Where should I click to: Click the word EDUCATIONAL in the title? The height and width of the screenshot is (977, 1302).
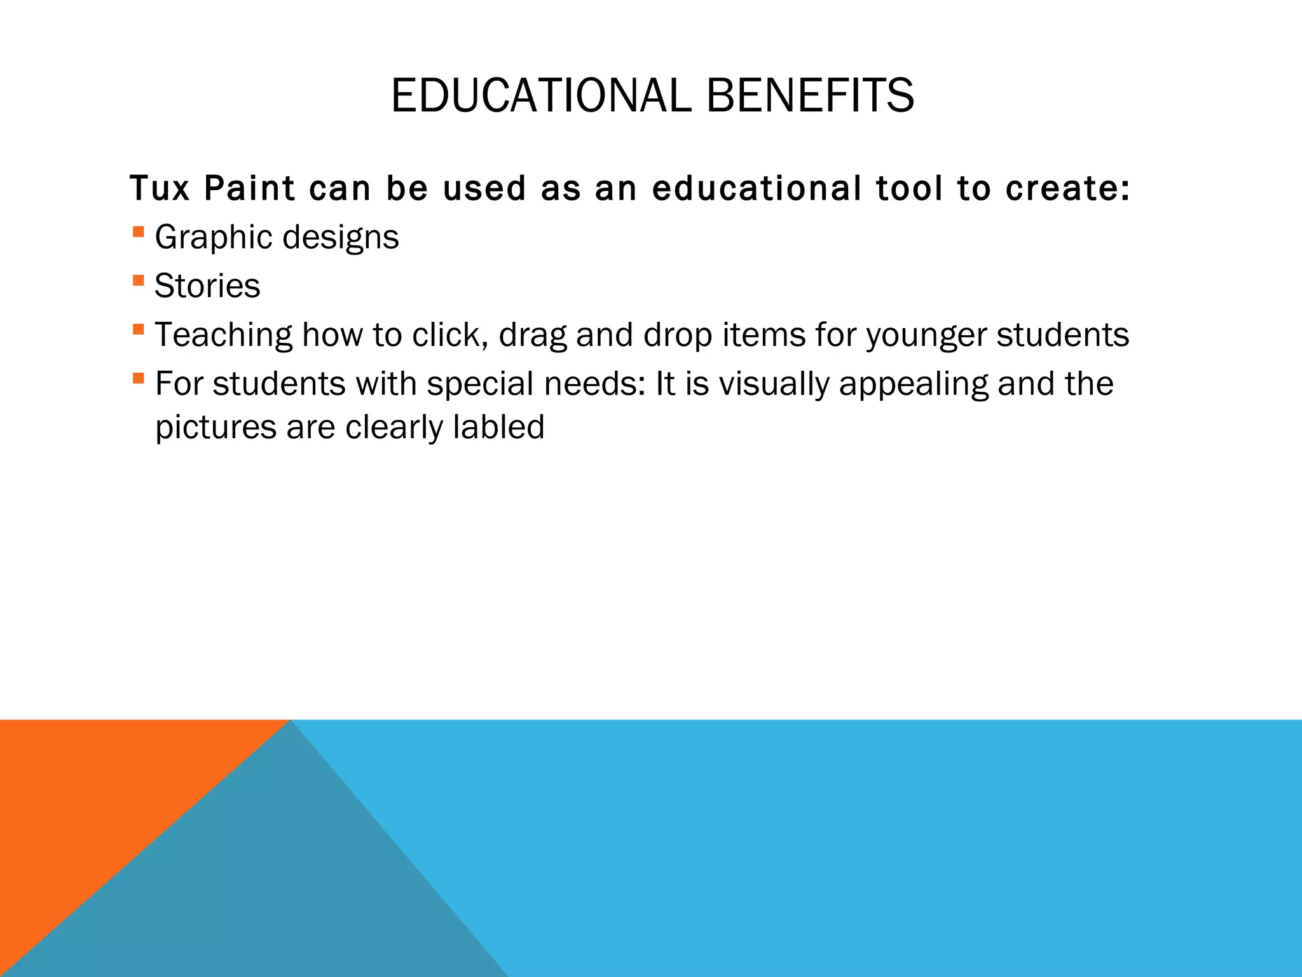click(x=540, y=95)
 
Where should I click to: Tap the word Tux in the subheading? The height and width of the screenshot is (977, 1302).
click(x=160, y=188)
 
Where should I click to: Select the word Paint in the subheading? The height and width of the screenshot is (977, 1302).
click(x=249, y=188)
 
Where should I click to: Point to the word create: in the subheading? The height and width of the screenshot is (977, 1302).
click(x=1068, y=188)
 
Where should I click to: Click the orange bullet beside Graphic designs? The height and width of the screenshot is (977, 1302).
click(x=139, y=232)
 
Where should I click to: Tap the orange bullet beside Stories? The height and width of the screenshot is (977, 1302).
click(x=139, y=281)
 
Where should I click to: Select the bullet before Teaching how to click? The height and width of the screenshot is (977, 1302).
click(x=139, y=329)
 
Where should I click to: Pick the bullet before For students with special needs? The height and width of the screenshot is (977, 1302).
click(x=139, y=378)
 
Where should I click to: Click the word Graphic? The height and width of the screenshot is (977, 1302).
click(x=214, y=238)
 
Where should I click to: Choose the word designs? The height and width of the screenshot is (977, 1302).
click(x=341, y=238)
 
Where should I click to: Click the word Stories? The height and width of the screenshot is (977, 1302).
click(x=207, y=286)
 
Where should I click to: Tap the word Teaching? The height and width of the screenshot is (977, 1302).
click(x=224, y=335)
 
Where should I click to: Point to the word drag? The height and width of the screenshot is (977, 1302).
click(x=533, y=335)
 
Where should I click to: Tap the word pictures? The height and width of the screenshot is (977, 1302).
click(x=216, y=427)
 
